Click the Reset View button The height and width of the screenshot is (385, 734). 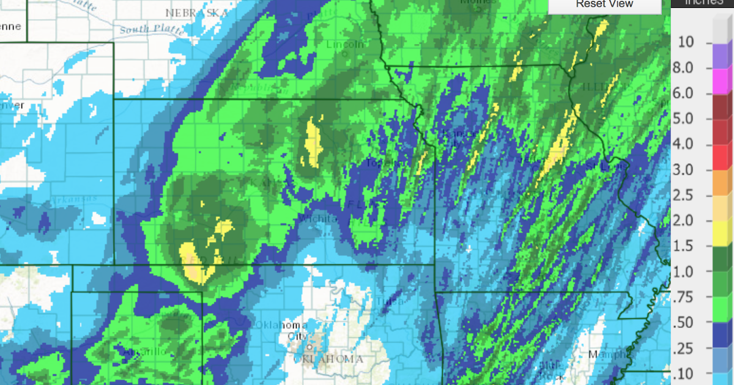click(604, 5)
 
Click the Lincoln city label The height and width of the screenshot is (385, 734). click(345, 45)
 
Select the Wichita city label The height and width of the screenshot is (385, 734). click(317, 218)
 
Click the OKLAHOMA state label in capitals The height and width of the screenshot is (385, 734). click(328, 359)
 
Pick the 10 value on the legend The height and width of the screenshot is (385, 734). click(686, 42)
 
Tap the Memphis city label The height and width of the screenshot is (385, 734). click(606, 354)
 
